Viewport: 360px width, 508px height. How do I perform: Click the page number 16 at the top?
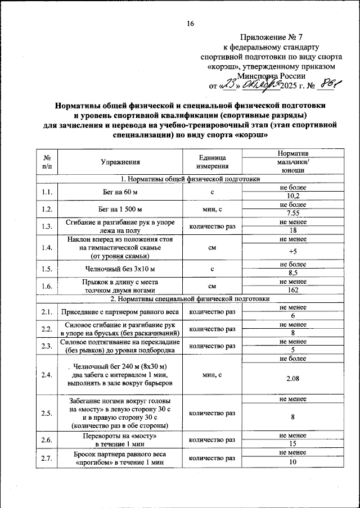(190, 24)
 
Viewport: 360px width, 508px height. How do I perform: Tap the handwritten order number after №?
(328, 85)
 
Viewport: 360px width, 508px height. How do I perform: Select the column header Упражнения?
(120, 162)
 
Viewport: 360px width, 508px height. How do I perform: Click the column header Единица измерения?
(212, 162)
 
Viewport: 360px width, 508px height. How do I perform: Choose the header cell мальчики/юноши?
(292, 166)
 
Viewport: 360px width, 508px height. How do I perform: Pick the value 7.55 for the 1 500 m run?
(292, 214)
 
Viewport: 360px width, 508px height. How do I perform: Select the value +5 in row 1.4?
(292, 251)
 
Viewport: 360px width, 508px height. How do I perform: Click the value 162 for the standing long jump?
(292, 290)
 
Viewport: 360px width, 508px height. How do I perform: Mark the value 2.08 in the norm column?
(292, 379)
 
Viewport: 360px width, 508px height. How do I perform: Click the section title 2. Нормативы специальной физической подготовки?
(190, 298)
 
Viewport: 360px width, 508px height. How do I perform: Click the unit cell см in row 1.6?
(212, 286)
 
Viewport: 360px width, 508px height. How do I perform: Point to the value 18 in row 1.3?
(292, 230)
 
